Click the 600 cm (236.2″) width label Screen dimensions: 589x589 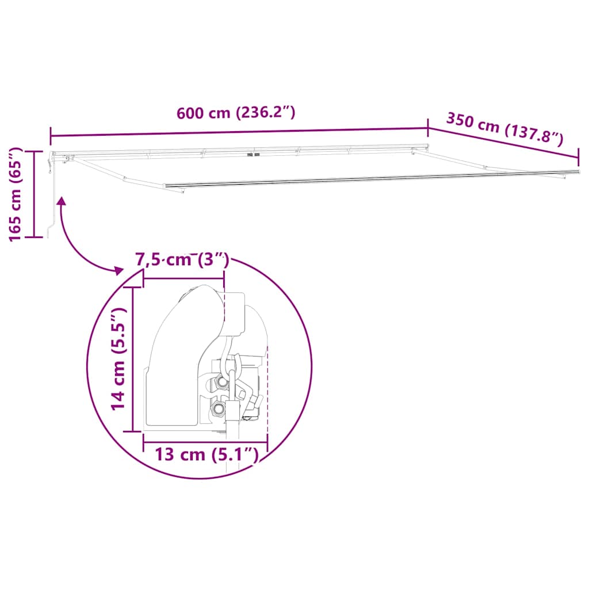(236, 113)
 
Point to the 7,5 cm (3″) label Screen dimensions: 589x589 (182, 260)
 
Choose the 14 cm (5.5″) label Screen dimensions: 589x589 (118, 359)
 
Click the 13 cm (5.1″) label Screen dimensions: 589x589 (205, 454)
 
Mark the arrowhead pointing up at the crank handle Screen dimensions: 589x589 (60, 201)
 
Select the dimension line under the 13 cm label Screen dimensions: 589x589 (205, 442)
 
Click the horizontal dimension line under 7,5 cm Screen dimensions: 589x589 (183, 278)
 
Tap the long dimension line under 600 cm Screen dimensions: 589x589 (239, 132)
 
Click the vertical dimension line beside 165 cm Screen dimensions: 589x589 (34, 193)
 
